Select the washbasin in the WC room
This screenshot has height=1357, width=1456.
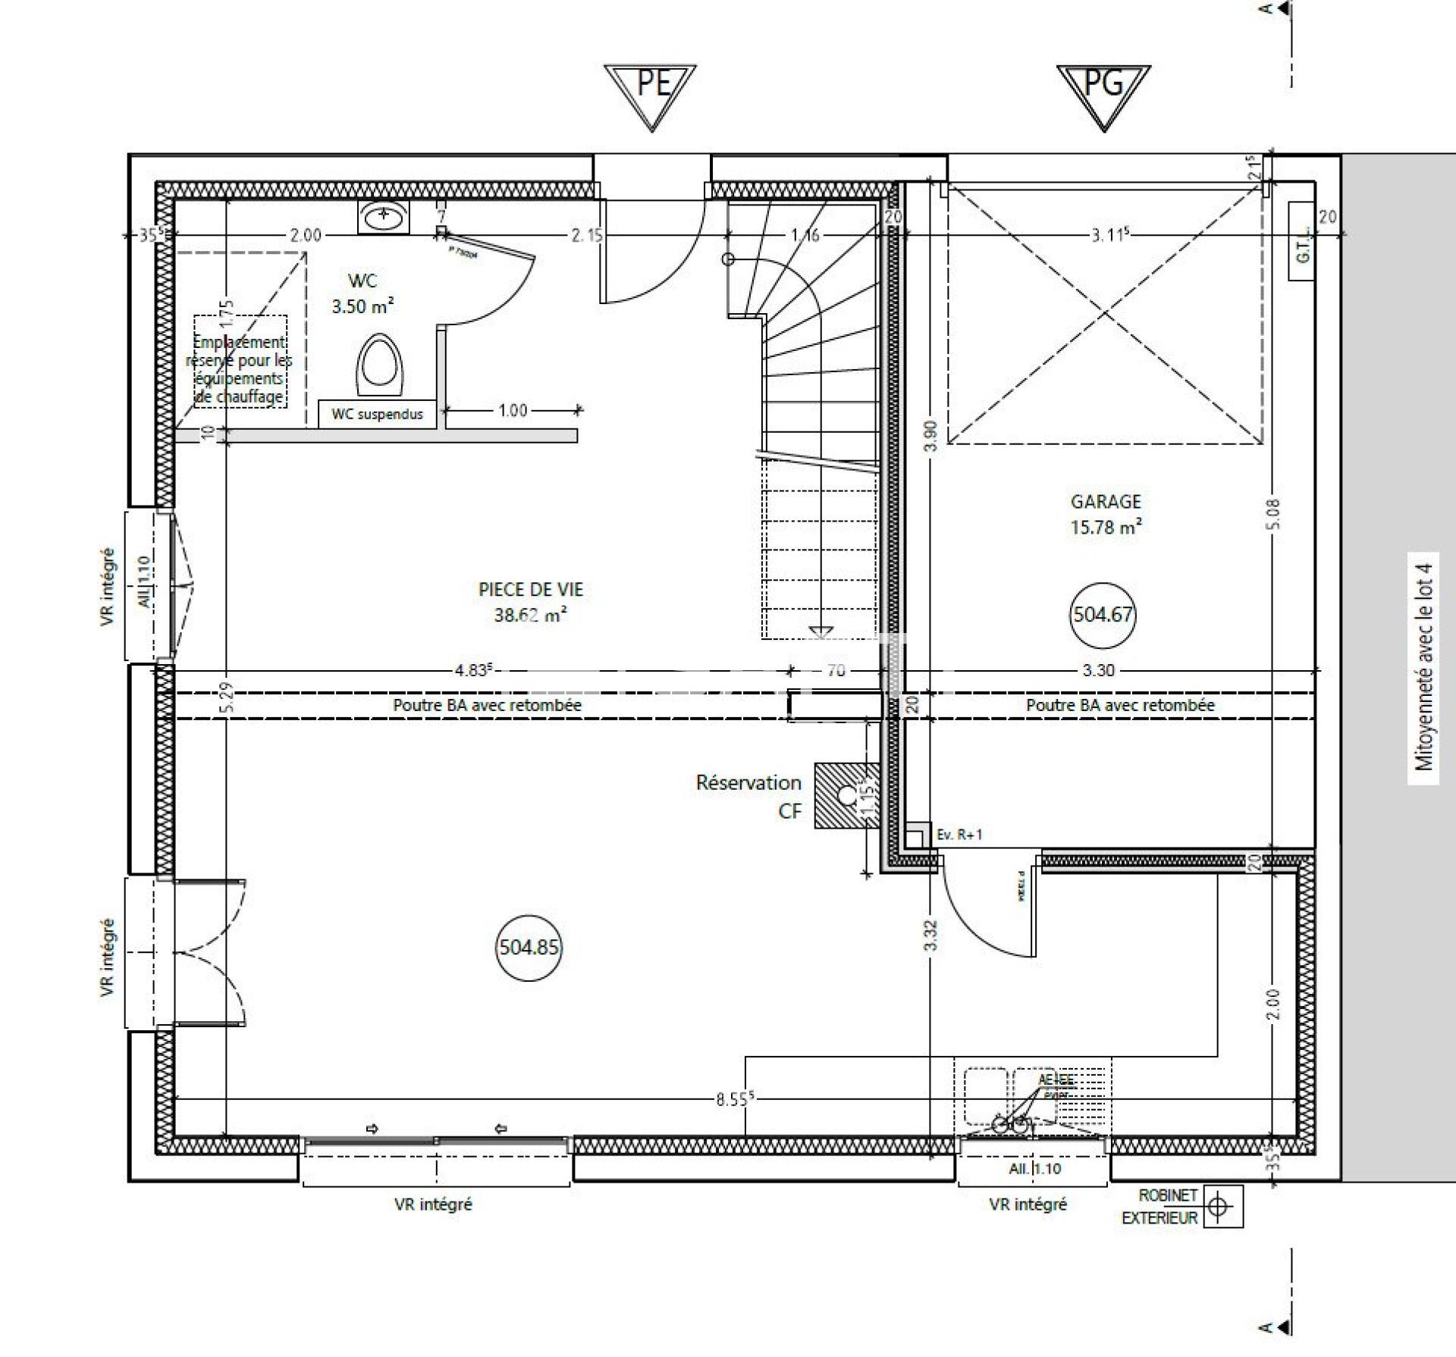384,218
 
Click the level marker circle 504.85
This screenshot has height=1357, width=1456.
529,947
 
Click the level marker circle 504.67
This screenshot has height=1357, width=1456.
1103,614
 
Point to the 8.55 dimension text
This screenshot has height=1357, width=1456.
732,1099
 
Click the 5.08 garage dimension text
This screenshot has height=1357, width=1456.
1273,514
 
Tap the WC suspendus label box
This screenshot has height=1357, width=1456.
377,415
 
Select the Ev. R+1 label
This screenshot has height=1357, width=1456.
959,835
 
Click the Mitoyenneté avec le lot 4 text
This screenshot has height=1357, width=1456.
1423,666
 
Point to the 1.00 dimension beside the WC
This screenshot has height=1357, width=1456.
513,410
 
